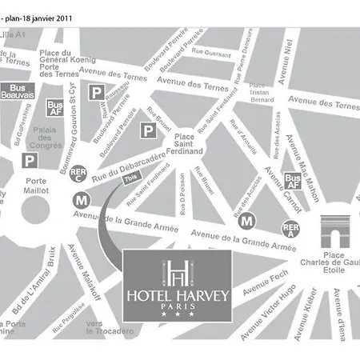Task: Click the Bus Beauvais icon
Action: point(21,90)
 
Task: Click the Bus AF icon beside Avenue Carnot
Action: point(294,181)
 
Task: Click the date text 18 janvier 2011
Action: point(45,9)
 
